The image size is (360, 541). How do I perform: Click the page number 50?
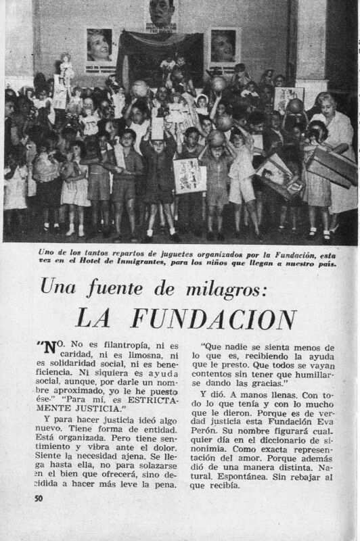39,498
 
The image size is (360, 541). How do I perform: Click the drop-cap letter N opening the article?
49,348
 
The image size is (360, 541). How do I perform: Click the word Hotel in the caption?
99,263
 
